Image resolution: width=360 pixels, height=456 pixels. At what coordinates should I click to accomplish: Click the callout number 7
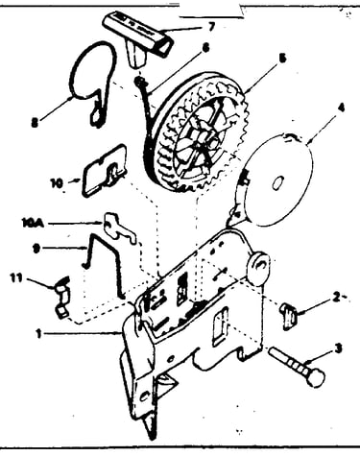click(210, 27)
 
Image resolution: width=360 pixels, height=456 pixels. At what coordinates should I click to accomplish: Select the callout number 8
click(35, 123)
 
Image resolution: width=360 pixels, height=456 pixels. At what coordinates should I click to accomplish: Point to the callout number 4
click(342, 108)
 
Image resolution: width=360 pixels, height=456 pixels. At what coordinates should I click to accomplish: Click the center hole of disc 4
click(276, 183)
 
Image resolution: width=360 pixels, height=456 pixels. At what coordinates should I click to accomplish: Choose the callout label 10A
click(33, 223)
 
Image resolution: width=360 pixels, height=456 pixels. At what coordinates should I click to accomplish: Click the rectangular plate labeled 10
click(105, 171)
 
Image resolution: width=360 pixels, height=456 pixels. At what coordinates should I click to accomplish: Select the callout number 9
click(36, 249)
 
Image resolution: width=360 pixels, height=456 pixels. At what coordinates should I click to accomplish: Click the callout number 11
click(16, 277)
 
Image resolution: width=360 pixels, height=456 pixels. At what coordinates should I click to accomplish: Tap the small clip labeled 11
click(62, 297)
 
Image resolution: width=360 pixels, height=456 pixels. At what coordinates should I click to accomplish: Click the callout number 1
click(39, 334)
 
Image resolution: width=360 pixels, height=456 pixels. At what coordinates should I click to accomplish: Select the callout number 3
click(339, 348)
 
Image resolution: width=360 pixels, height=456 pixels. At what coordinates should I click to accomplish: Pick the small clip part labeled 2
click(289, 316)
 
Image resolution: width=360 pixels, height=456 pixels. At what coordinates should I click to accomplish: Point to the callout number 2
click(336, 298)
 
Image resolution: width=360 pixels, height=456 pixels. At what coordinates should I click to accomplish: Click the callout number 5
click(282, 59)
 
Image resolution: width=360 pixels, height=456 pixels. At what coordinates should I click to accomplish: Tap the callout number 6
click(205, 48)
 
